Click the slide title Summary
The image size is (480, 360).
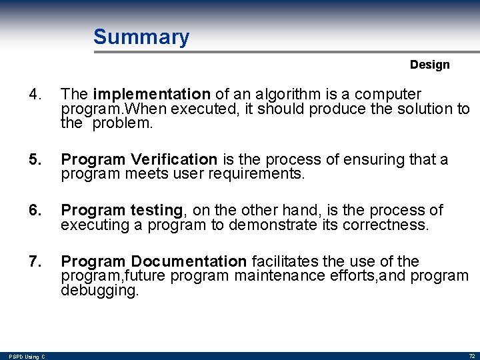(x=141, y=37)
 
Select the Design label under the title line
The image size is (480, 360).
(x=429, y=65)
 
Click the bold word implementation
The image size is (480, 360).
(x=152, y=94)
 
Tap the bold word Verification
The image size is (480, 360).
(x=174, y=159)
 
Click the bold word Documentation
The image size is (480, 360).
(x=189, y=261)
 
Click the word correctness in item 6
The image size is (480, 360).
(x=385, y=225)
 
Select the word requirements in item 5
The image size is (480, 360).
(x=256, y=175)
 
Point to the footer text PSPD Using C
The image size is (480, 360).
(x=27, y=357)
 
